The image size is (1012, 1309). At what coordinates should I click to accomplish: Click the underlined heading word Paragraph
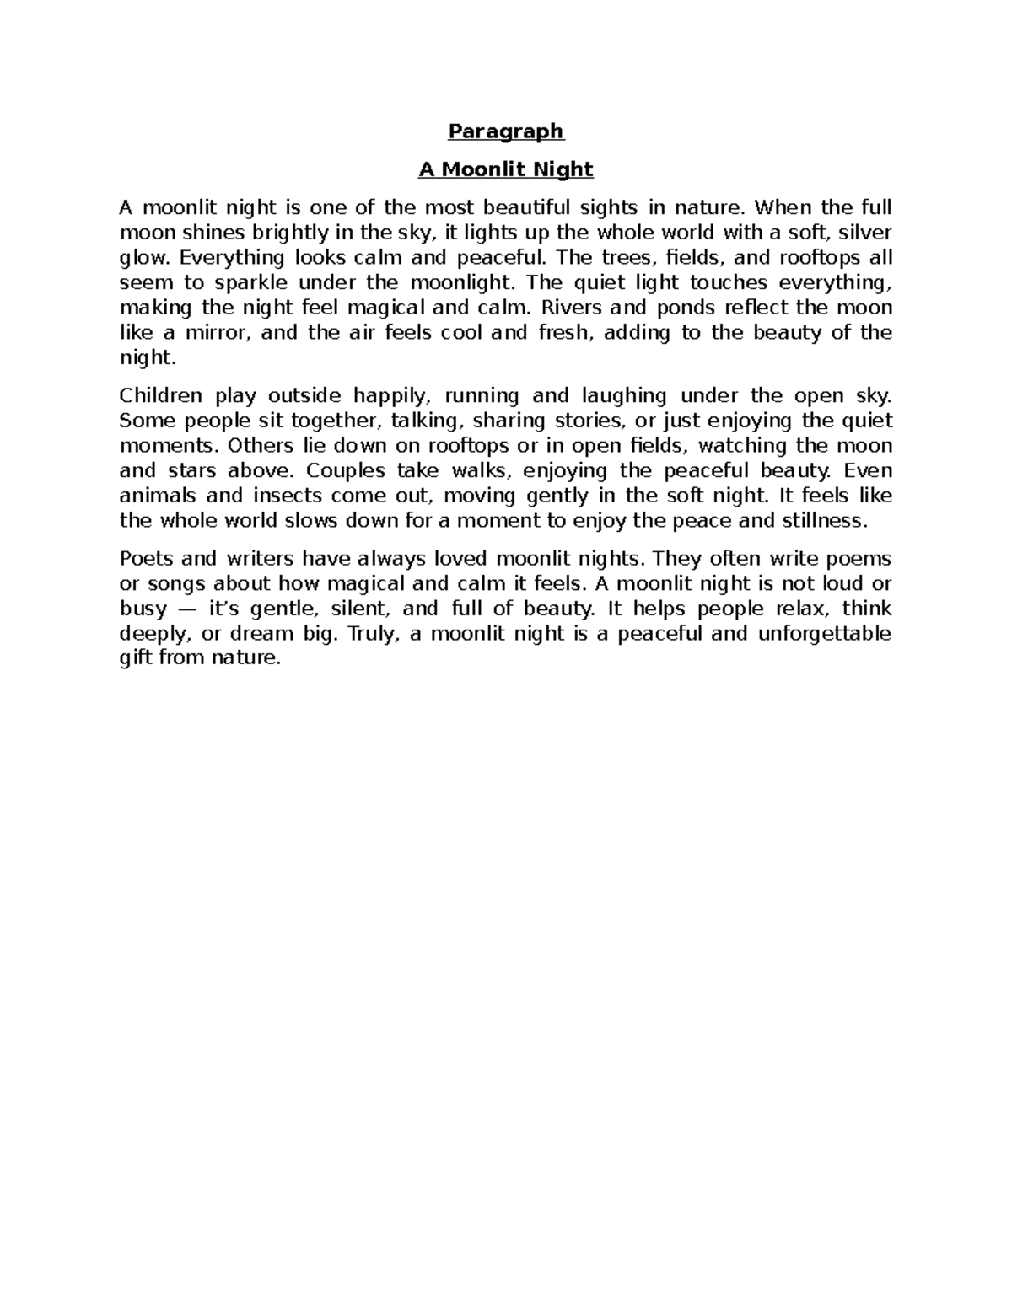[505, 131]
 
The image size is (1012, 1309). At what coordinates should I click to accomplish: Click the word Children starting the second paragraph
[161, 395]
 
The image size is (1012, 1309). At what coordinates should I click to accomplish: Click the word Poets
[146, 559]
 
